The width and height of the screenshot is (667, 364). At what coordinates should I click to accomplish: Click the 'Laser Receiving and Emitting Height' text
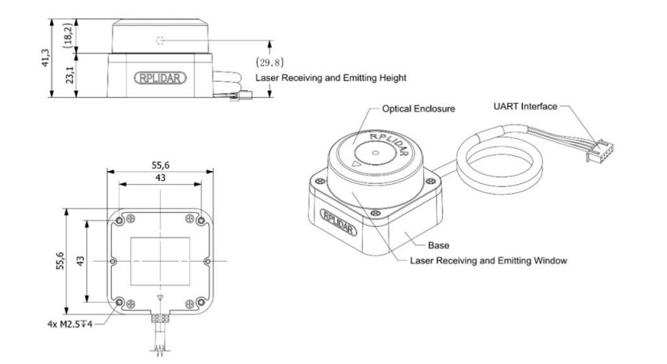coord(330,79)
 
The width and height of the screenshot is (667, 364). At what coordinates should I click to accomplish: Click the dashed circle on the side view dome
coord(161,39)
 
